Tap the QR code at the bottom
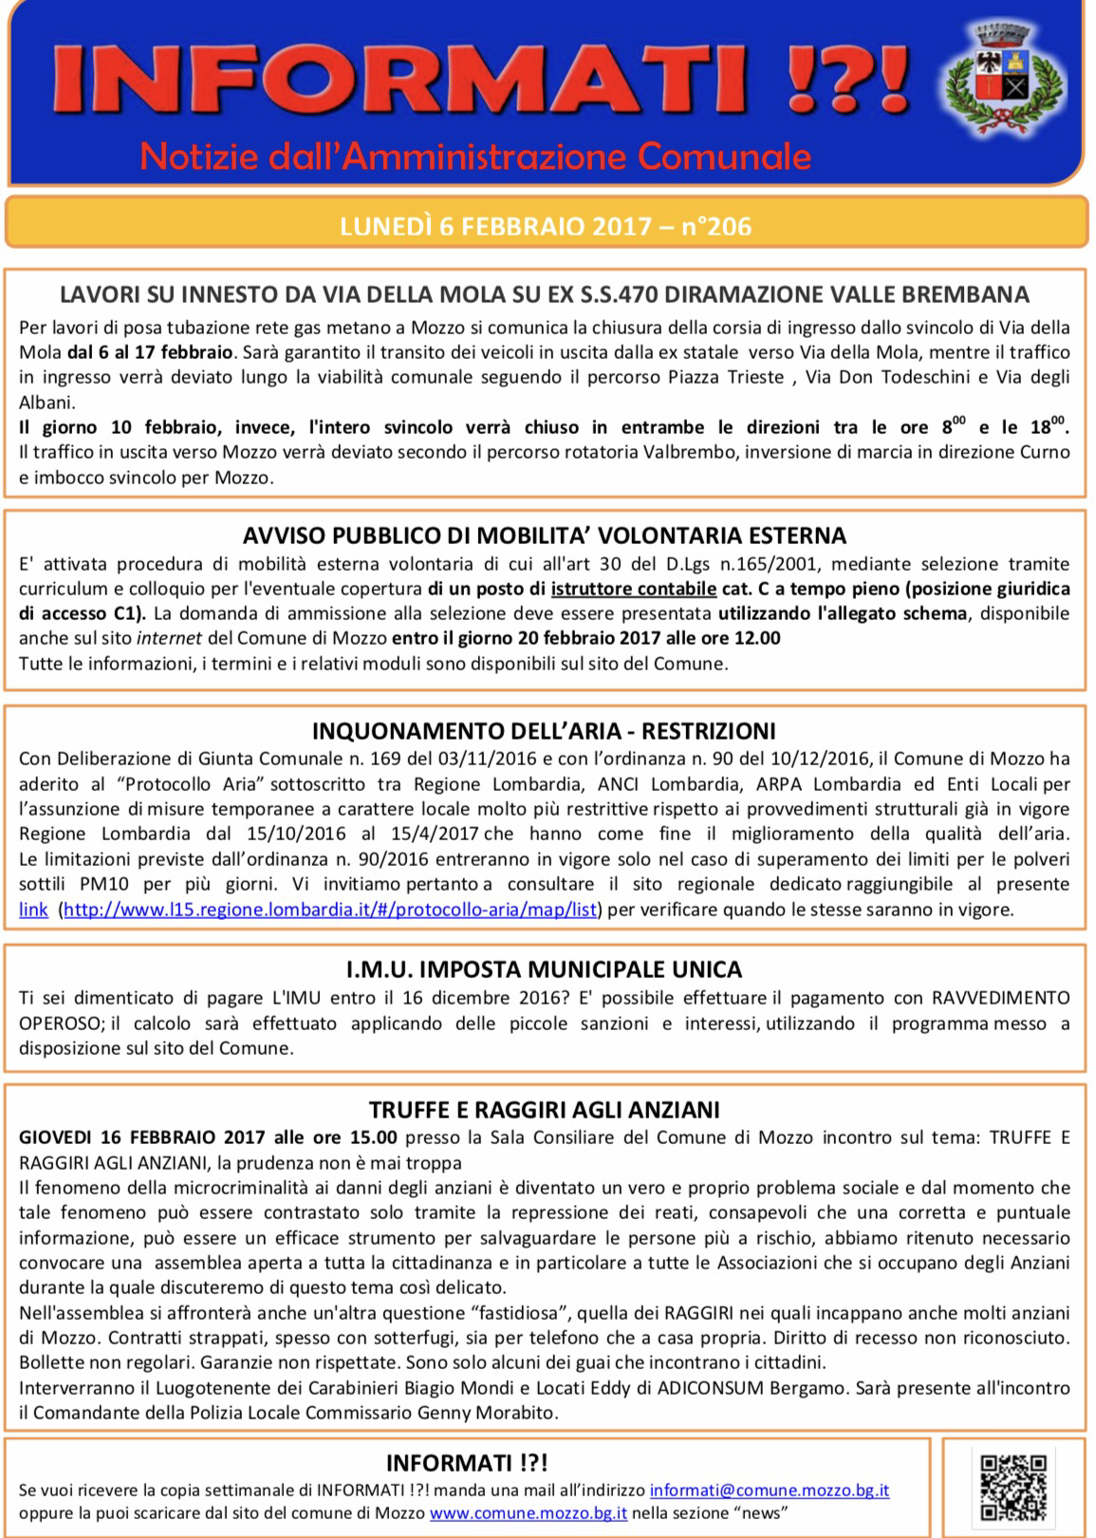[x=1012, y=1487]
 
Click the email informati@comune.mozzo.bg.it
[x=770, y=1491]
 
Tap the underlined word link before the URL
[x=33, y=910]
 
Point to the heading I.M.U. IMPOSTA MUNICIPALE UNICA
[x=545, y=970]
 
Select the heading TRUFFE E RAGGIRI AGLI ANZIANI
[x=545, y=1109]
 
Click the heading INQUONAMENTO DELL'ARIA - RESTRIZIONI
[x=545, y=731]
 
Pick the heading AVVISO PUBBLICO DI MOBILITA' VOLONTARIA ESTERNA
[x=545, y=535]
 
